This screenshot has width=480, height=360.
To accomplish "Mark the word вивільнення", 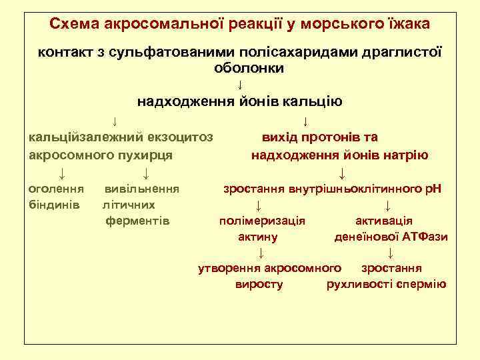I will coord(142,189).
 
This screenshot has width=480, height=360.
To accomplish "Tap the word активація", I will coord(384,221).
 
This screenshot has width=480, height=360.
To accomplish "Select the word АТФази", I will coord(425,237).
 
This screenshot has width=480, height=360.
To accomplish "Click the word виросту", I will coord(259,285).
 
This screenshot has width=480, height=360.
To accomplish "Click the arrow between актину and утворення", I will coord(261,253).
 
